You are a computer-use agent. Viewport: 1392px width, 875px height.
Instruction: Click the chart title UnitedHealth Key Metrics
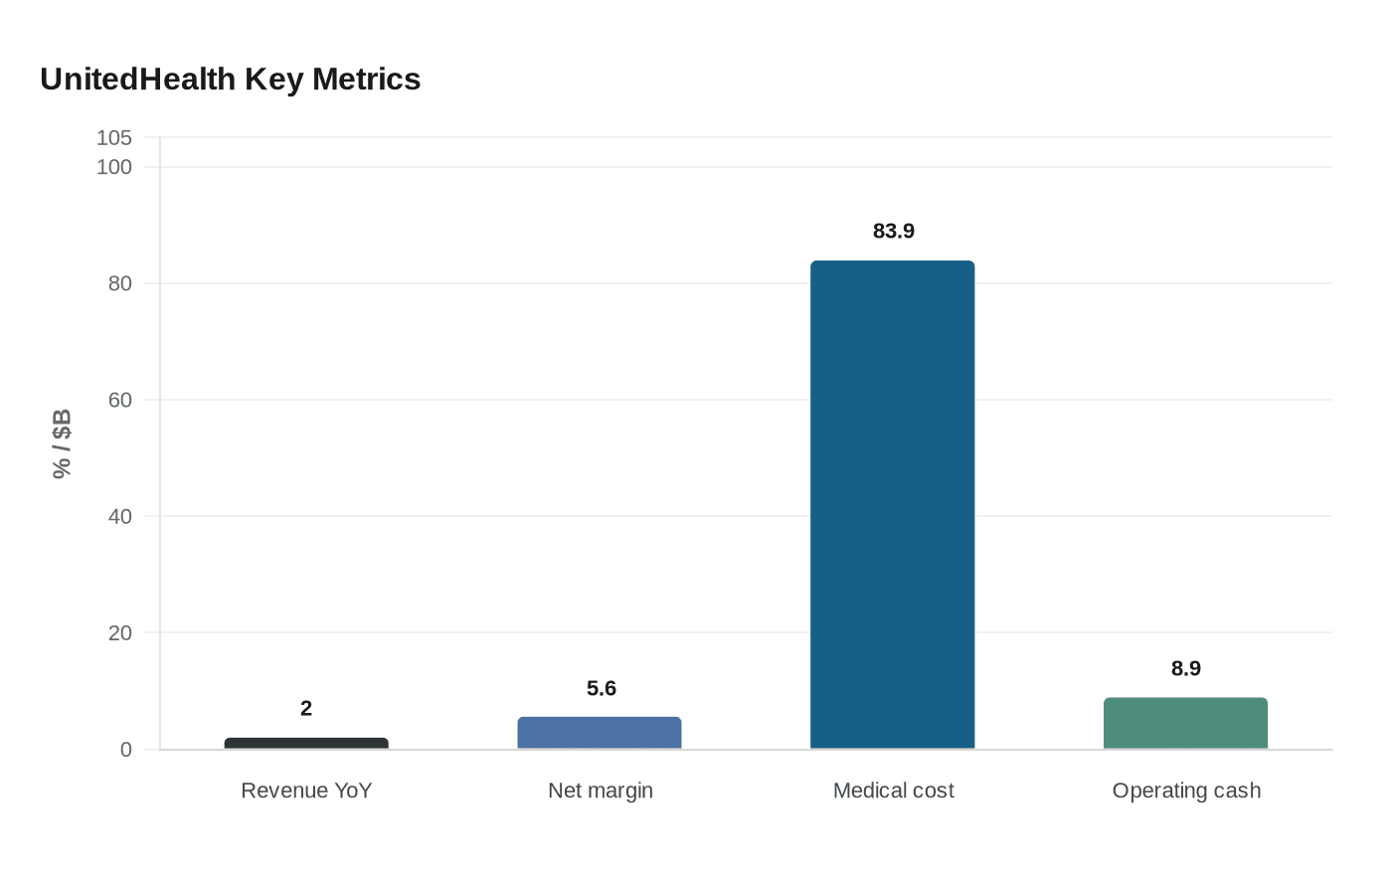[231, 80]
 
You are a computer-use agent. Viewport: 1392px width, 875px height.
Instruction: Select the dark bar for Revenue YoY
[306, 743]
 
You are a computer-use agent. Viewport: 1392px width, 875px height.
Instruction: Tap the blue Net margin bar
[600, 733]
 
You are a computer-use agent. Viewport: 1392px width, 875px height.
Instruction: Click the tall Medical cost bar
[893, 505]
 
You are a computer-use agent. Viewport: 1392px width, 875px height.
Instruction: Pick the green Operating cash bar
[1185, 723]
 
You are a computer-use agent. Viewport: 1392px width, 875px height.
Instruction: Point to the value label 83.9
[893, 231]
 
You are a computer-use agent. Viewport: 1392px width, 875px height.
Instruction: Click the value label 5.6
[601, 688]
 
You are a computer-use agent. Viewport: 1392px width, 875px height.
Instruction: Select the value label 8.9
[1185, 668]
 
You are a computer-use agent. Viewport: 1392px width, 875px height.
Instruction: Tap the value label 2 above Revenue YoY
[306, 708]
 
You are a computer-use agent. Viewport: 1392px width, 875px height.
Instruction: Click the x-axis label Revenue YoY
[306, 790]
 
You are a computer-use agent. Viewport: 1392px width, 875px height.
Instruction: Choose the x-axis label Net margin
[601, 790]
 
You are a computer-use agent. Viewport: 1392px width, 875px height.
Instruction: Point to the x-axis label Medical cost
[893, 790]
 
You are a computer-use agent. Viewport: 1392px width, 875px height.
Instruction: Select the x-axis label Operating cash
[1186, 790]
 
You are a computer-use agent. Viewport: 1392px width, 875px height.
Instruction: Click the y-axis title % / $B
[62, 443]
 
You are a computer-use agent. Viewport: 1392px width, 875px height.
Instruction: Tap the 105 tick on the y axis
[114, 138]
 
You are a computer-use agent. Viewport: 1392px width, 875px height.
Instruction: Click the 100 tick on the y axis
[114, 167]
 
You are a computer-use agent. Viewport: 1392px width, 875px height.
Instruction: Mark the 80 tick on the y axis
[120, 283]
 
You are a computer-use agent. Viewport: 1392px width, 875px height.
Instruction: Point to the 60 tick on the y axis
[120, 400]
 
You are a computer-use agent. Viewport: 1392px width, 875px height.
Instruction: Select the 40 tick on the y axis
[120, 516]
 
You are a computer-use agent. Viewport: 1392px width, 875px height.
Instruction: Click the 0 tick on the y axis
[126, 750]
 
